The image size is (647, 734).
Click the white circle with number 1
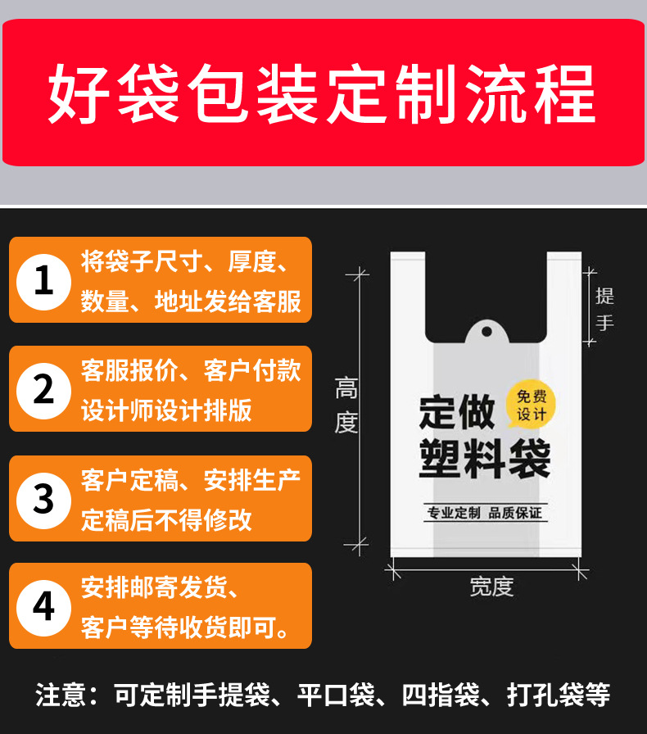(x=44, y=280)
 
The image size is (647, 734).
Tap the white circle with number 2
(x=44, y=388)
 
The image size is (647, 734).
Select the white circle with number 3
(x=44, y=498)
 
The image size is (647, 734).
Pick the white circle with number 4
(x=44, y=606)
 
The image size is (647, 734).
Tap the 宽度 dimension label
(x=491, y=587)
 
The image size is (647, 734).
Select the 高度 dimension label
(x=346, y=406)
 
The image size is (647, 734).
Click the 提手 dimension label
(x=604, y=309)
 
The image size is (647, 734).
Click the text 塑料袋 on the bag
(x=484, y=460)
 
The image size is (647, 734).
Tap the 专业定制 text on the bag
(x=453, y=514)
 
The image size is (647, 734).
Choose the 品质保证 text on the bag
(x=515, y=514)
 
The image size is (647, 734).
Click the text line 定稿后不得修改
(x=166, y=519)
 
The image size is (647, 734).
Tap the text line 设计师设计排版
(x=166, y=410)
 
